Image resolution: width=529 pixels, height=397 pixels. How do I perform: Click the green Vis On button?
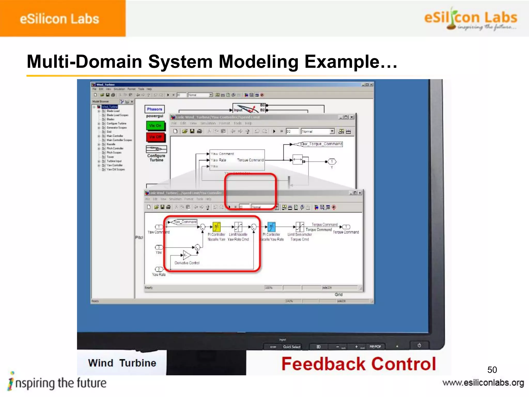coord(155,126)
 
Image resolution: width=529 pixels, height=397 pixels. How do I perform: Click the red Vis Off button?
coord(155,137)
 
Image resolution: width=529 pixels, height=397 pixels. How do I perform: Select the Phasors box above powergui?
coord(154,109)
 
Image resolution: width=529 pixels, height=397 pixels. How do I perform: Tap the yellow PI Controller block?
coord(216,227)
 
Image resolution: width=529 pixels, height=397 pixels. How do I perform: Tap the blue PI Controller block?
coord(271,227)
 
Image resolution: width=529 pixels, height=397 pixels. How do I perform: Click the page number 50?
coord(492,370)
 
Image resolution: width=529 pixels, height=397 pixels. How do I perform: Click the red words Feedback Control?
coord(359,364)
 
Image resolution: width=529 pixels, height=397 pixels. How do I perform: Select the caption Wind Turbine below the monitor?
coord(122,363)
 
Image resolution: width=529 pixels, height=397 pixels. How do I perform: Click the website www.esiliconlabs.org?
coord(483,383)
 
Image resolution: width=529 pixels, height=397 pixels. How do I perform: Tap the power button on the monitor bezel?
coord(419,345)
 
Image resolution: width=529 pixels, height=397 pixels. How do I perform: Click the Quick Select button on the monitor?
coord(292,347)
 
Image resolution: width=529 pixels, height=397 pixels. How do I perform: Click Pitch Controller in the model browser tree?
coord(115,148)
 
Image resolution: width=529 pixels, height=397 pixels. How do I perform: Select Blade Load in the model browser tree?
coord(113,111)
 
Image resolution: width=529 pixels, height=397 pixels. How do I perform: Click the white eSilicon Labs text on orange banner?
coord(59,19)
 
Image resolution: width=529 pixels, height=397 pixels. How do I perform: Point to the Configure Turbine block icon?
coord(156,149)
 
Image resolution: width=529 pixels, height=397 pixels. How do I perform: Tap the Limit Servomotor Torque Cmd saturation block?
coord(300,227)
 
